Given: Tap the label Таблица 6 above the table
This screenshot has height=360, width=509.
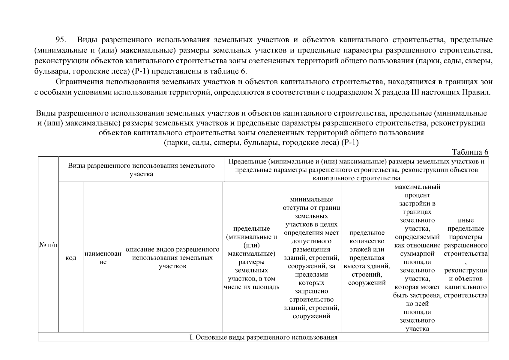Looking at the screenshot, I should point(470,152).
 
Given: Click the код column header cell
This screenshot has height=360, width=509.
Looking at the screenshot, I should point(71,258).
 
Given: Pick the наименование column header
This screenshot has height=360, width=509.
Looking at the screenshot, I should point(103,258).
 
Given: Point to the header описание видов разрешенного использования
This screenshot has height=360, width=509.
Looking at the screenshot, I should point(172,258).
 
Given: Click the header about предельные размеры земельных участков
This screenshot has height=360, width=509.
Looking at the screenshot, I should point(251,258).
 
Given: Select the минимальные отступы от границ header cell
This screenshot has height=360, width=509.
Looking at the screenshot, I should point(311,258).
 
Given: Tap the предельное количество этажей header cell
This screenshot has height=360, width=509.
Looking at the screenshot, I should point(367,258).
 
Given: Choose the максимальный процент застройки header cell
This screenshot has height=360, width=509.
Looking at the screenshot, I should point(417,258).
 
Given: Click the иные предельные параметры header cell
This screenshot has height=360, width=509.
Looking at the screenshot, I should point(466,258).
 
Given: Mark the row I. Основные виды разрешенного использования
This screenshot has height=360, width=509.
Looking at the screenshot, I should point(263,337).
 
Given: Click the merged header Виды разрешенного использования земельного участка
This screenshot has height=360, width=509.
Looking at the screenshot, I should point(141,170).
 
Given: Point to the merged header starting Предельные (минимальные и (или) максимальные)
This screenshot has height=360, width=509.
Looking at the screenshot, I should point(356,170).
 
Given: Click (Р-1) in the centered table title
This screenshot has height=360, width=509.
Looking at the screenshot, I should point(350,142).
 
